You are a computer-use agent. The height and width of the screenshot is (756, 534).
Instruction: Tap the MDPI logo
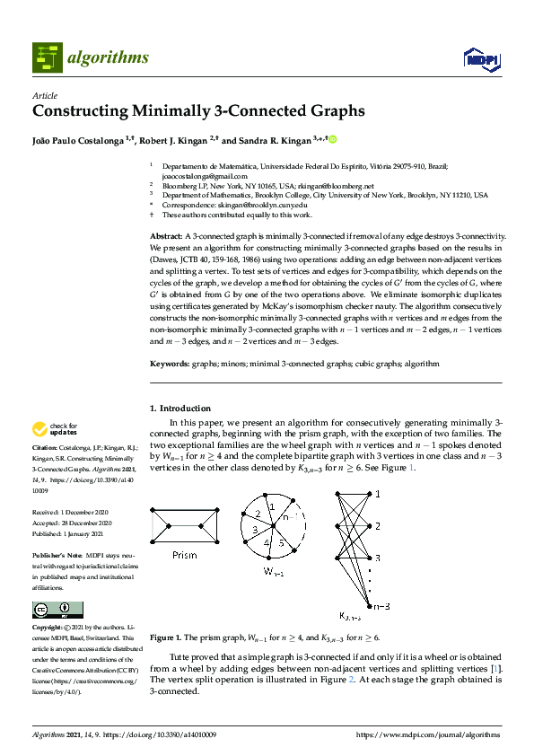pos(481,59)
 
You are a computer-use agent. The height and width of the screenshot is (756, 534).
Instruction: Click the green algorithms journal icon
pos(48,57)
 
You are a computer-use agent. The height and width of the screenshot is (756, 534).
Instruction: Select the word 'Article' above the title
pos(45,95)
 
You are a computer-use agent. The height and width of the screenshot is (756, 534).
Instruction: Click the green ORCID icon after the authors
pos(333,140)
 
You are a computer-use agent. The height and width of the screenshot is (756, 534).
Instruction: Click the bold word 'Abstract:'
pos(166,234)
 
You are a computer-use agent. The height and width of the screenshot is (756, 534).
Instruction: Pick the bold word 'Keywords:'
pos(170,364)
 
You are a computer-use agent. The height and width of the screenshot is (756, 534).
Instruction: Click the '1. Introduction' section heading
pos(180,408)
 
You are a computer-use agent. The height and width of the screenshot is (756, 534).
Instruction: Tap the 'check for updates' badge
pos(55,429)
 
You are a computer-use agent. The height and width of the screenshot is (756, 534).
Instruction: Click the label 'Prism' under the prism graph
pos(184,556)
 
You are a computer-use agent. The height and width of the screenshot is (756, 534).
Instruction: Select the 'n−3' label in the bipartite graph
pos(381,607)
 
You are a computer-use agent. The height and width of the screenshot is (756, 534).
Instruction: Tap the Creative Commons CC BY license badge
pos(51,610)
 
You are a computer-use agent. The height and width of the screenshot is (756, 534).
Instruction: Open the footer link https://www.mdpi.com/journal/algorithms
pos(428,734)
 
